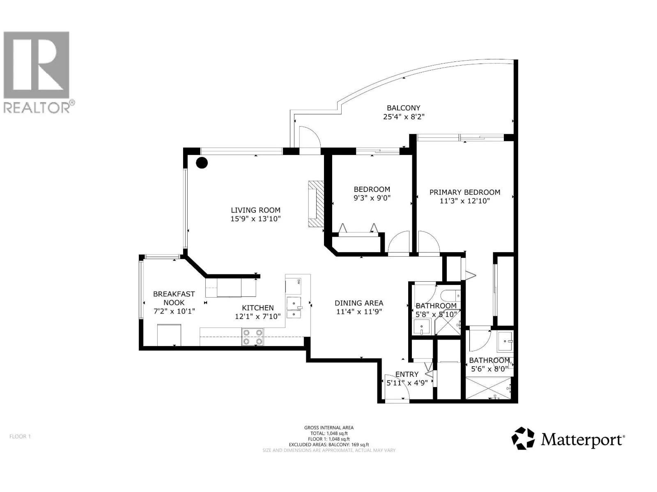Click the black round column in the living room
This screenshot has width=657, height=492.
pyautogui.click(x=202, y=163)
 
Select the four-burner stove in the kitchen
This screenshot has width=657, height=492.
pyautogui.click(x=253, y=337)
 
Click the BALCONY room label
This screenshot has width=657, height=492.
pyautogui.click(x=404, y=108)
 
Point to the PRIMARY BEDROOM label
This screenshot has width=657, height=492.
pyautogui.click(x=465, y=192)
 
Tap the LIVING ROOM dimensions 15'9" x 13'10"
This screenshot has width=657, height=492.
pyautogui.click(x=255, y=219)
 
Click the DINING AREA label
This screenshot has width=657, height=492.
pyautogui.click(x=359, y=303)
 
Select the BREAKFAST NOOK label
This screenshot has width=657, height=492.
pyautogui.click(x=174, y=298)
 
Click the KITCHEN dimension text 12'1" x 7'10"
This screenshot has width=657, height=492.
pyautogui.click(x=258, y=317)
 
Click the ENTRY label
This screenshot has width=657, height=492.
pyautogui.click(x=407, y=374)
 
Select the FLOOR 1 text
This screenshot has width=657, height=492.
pyautogui.click(x=20, y=436)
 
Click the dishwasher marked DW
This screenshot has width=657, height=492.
pyautogui.click(x=293, y=286)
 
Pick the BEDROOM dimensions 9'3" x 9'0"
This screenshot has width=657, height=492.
pyautogui.click(x=372, y=198)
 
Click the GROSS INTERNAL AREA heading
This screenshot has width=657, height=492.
pyautogui.click(x=329, y=428)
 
